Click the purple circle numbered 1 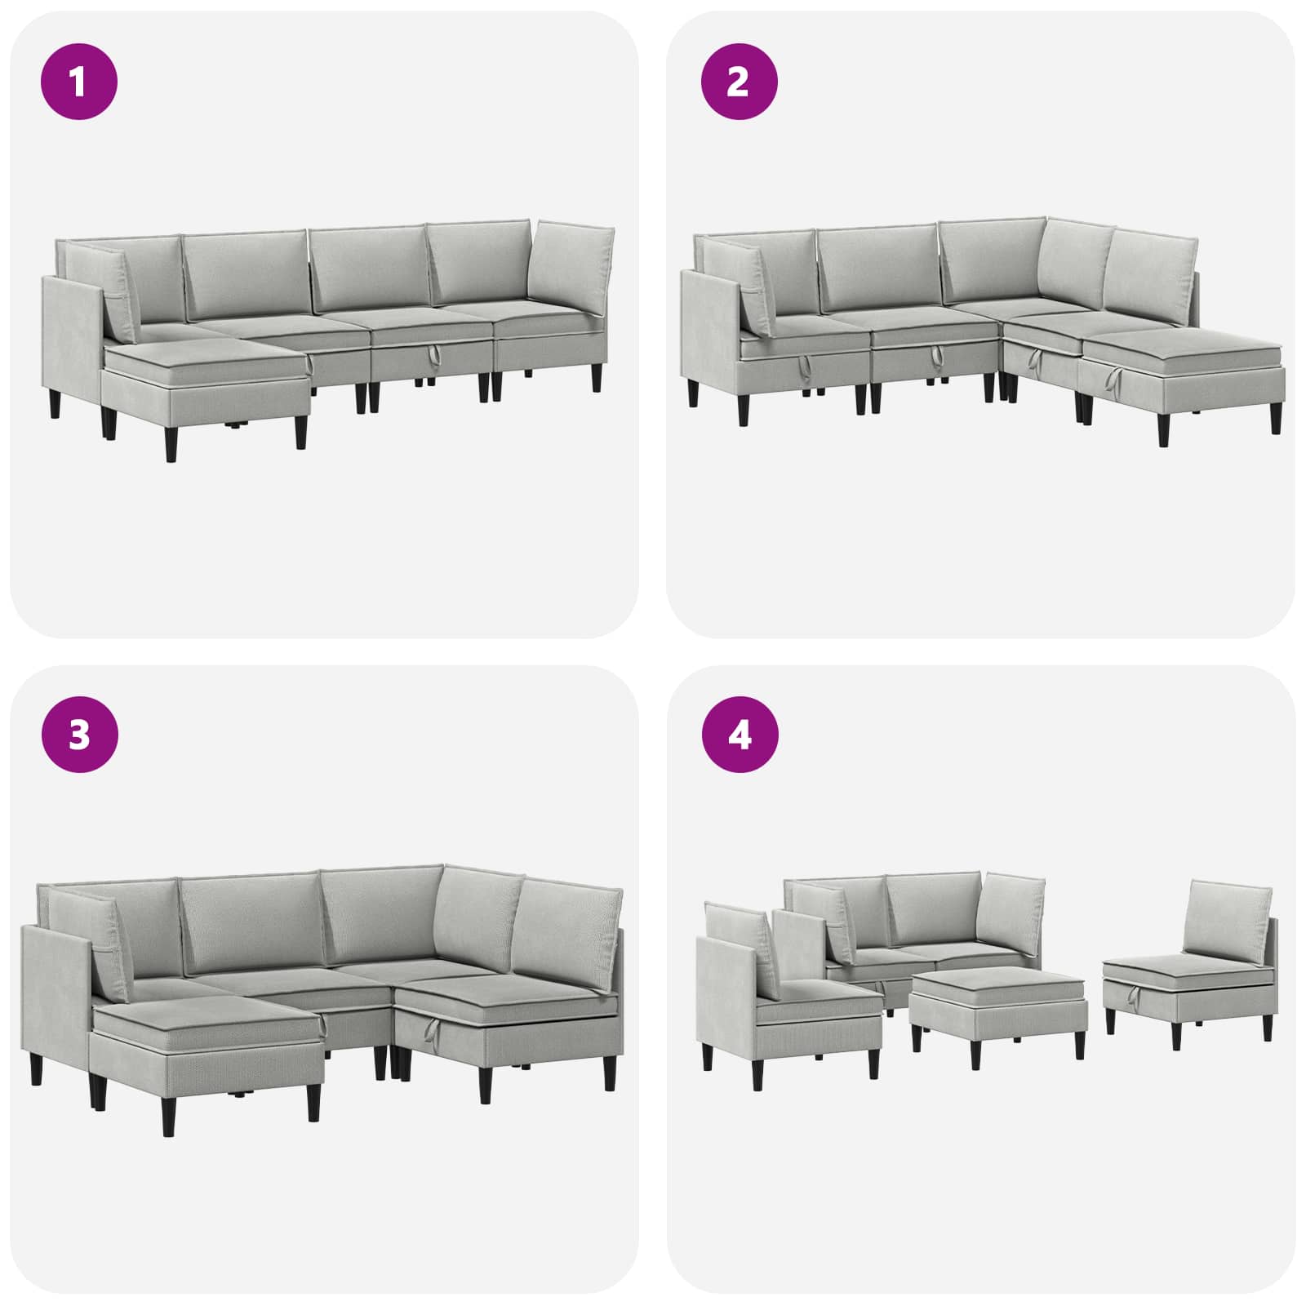pos(79,82)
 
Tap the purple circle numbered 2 pos(740,82)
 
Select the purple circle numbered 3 pos(79,735)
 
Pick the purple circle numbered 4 pos(740,735)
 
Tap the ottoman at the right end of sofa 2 pos(1183,375)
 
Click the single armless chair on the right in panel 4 pos(1190,963)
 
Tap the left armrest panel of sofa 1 pos(72,343)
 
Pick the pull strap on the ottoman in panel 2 pos(1114,378)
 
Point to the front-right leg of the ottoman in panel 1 pos(301,430)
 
